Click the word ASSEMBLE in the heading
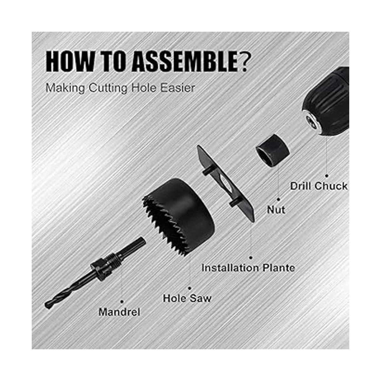point(185,61)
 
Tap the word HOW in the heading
point(70,61)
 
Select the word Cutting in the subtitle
point(108,88)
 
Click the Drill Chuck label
point(318,186)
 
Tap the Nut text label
point(276,210)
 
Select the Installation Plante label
point(248,268)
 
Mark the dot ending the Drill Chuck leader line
point(327,176)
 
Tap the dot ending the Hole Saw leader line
point(190,289)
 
